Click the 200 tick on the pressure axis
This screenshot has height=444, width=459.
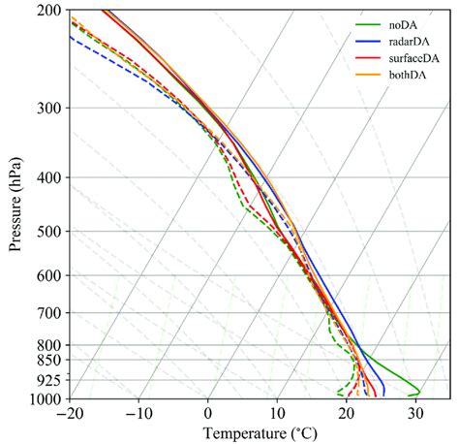click(x=49, y=11)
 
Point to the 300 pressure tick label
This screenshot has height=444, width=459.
click(x=49, y=108)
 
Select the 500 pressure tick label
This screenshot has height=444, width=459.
click(x=49, y=232)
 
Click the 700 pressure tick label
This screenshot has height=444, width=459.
click(x=49, y=313)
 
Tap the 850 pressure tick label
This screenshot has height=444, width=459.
click(x=49, y=361)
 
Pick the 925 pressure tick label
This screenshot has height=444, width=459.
click(x=49, y=380)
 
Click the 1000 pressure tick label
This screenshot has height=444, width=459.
click(x=46, y=398)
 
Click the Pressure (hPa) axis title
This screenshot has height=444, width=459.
click(x=16, y=204)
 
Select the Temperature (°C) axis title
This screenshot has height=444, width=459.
click(x=260, y=431)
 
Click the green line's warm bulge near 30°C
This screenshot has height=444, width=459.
click(x=416, y=391)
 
